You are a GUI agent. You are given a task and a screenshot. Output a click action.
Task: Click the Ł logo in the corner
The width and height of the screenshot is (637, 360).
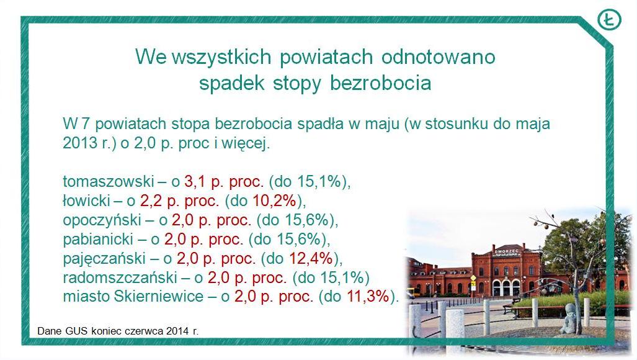609,19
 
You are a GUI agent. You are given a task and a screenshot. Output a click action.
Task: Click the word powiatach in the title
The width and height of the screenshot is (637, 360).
326,57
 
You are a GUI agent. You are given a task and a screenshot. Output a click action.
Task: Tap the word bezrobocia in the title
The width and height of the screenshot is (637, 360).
380,83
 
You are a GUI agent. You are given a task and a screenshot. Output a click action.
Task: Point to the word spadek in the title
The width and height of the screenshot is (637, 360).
231,83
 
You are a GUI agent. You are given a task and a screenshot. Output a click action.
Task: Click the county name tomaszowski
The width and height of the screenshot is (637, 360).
109,181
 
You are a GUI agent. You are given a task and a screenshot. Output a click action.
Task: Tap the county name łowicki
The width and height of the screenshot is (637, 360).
87,200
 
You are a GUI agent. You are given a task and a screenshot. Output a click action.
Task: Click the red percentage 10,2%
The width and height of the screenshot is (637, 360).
275,200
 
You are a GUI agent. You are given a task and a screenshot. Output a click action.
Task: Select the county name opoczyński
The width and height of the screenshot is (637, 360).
102,220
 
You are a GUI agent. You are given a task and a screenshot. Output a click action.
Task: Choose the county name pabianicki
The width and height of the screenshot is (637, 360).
99,240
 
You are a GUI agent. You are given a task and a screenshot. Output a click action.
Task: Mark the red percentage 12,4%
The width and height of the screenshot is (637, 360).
311,258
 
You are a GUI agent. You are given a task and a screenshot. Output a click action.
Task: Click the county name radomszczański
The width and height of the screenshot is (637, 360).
120,277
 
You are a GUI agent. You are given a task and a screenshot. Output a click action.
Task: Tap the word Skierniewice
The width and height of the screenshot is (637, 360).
159,296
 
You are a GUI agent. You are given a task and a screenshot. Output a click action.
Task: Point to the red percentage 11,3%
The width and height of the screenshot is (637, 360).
368,296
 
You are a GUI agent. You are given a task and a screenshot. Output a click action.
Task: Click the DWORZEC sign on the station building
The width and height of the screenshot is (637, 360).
507,251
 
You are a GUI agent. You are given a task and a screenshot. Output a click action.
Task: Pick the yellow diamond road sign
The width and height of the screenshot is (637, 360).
473,278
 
